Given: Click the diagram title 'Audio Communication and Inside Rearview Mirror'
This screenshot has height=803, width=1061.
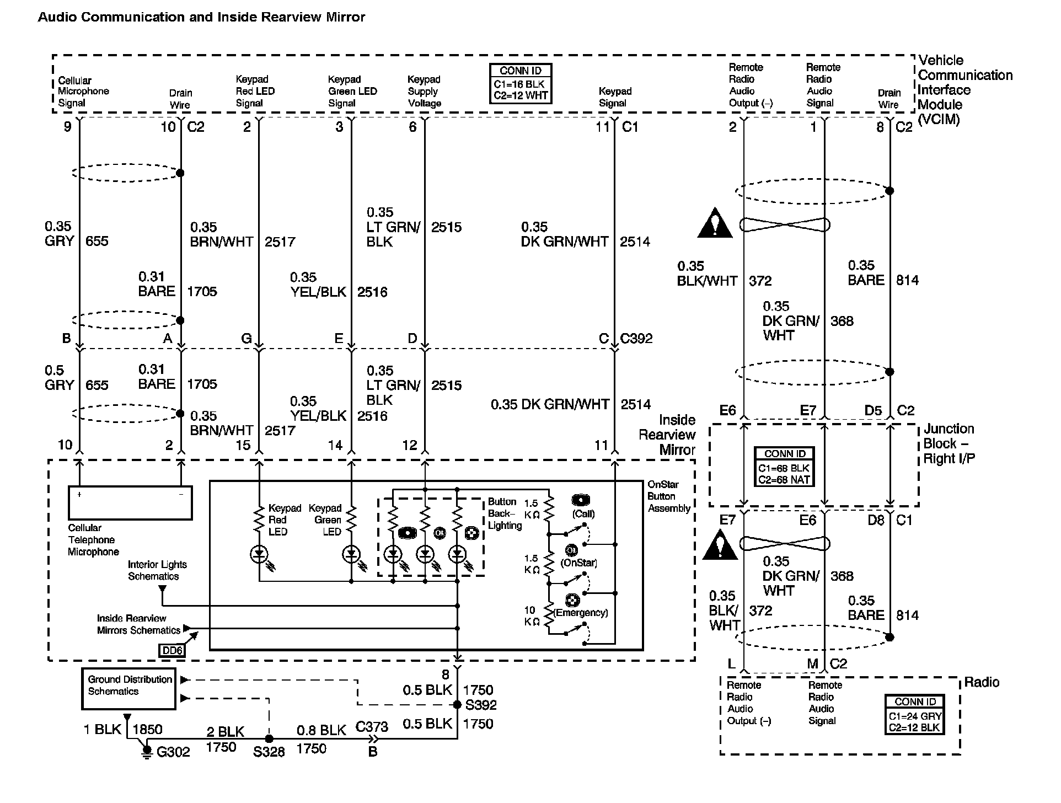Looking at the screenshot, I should pos(201,17).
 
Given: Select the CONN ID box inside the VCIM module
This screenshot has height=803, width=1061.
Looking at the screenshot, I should pos(521,84).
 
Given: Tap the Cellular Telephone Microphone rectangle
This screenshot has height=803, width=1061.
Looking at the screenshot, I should pos(130,503).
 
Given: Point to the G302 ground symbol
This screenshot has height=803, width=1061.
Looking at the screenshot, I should pos(147,751).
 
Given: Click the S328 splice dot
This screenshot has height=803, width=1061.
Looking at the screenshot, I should pos(269,739).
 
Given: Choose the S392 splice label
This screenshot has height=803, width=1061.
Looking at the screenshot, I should pos(481,705).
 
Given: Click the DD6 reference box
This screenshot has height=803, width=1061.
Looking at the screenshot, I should pos(172,651).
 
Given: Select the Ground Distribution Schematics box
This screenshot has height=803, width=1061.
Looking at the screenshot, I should pos(130,688).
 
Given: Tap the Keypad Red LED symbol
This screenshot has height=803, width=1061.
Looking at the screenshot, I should pos(259,554).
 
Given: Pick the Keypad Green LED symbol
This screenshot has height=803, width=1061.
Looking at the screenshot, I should pos(351,554).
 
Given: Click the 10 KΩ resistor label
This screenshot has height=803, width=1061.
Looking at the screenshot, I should pos(531,616).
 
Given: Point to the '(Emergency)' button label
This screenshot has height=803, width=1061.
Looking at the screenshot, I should pos(581,613).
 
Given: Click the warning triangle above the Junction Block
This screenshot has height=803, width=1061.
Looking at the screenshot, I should pos(715,224).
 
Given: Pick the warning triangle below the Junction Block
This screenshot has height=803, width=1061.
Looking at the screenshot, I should pos(720,545).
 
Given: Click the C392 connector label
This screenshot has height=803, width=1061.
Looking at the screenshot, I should pos(636,338).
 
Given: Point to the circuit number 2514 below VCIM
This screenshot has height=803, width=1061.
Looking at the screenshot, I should pos(635,242).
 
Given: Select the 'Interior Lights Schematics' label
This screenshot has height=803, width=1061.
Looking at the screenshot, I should pos(157,570).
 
